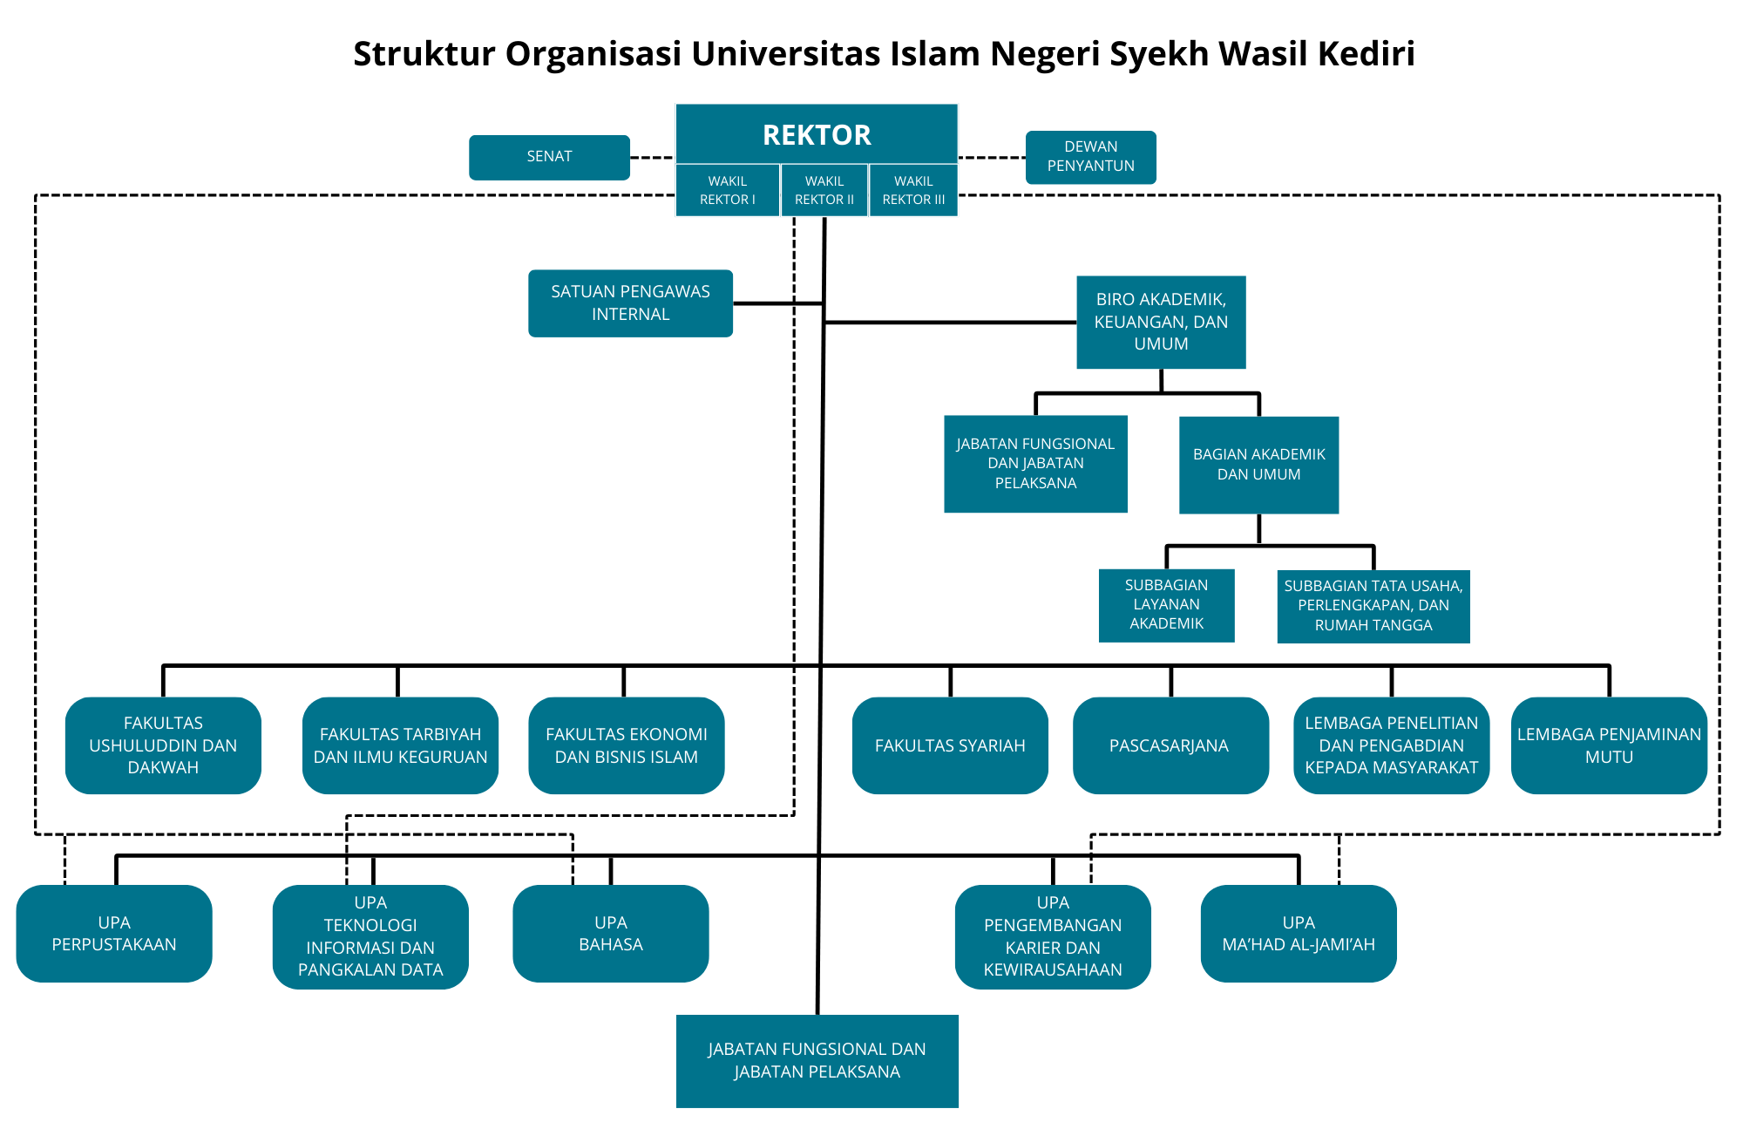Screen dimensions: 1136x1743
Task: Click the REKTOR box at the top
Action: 817,135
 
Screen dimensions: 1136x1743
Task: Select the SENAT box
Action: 549,157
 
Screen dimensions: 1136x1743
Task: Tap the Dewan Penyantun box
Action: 1090,157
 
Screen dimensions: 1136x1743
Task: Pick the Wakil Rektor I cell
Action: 727,190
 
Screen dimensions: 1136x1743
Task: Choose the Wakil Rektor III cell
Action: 913,190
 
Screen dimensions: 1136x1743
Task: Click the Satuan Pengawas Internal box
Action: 630,303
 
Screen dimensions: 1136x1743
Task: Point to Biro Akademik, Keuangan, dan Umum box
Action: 1161,322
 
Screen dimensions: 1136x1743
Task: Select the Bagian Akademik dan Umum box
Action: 1258,465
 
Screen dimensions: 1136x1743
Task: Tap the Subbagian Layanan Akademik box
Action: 1166,604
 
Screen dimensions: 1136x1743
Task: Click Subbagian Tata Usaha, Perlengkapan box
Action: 1373,606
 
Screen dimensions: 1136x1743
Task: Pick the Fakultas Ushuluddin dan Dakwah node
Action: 163,745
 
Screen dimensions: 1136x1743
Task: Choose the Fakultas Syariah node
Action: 950,745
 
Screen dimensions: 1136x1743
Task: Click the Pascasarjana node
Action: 1170,745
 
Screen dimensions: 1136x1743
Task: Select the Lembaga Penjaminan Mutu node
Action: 1609,745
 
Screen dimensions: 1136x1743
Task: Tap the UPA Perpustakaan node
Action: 114,934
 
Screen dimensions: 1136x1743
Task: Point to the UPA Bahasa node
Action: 610,934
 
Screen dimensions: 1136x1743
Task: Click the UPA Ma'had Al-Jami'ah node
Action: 1299,934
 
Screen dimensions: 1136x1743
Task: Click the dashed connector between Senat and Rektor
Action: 652,158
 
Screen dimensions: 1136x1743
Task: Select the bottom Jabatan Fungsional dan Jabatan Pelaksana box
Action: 817,1061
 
